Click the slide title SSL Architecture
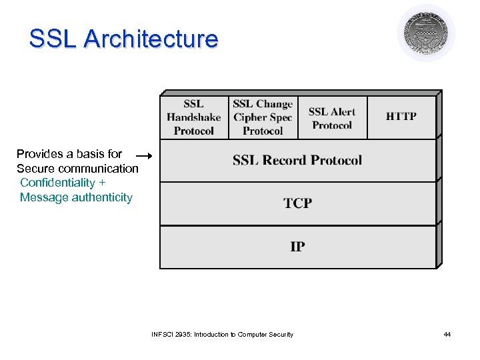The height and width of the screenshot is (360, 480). tap(123, 39)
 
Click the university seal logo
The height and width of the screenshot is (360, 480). tap(426, 33)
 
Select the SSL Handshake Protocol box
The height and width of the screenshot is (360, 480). tap(194, 117)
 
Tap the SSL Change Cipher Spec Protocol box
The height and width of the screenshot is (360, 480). tap(263, 117)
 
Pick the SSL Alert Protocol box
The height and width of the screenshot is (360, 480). tap(332, 118)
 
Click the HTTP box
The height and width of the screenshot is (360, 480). tap(401, 117)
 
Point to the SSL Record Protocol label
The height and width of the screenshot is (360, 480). tap(297, 160)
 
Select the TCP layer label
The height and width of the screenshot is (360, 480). tap(297, 203)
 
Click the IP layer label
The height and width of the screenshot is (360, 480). tap(297, 247)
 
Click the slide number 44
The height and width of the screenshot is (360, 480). tap(447, 334)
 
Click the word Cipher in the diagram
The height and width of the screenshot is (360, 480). tap(248, 117)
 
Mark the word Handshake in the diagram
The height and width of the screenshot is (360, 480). tap(194, 117)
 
